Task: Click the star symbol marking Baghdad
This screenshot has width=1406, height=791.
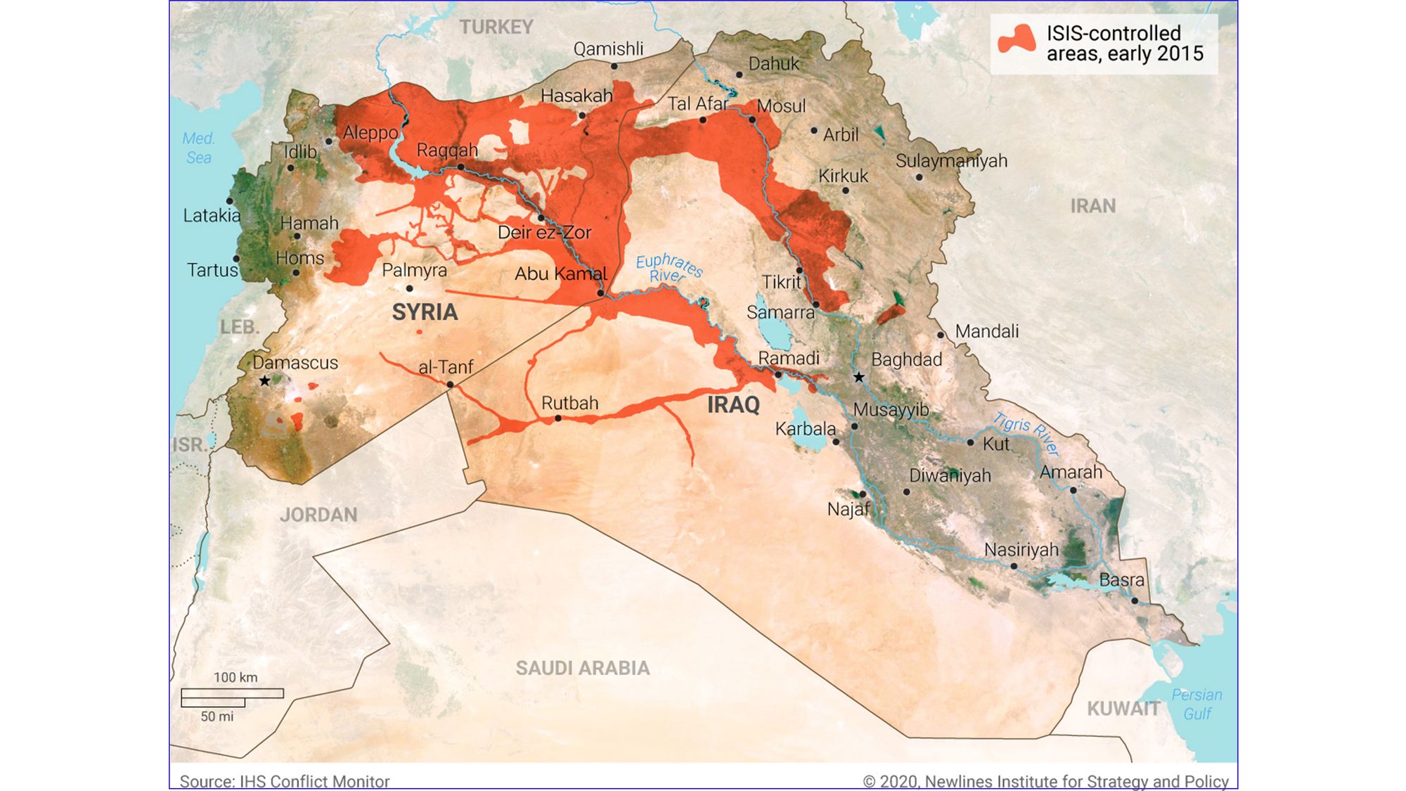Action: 858,378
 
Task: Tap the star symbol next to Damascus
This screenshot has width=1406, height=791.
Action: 264,381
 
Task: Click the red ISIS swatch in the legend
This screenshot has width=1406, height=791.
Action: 1017,40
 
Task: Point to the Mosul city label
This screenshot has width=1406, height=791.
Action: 781,106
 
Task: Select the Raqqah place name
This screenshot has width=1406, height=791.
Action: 447,150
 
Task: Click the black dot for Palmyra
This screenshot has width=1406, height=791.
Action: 409,288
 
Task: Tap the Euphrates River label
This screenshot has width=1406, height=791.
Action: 668,268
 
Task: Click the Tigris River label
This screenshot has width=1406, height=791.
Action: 1026,433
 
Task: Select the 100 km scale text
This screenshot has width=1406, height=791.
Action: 236,677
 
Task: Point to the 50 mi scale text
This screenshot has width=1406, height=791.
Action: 217,716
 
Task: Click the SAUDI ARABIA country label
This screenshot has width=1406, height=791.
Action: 582,668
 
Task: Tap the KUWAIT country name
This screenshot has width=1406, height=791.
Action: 1123,708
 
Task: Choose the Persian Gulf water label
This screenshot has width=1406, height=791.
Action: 1197,704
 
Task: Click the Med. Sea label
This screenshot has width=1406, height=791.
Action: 198,148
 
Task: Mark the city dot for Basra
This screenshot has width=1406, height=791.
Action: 1135,601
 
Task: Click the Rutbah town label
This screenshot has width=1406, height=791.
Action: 569,404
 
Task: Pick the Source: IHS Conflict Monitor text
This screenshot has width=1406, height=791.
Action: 284,781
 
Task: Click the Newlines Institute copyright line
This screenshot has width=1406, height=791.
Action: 1045,781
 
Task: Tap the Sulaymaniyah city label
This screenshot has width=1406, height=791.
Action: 950,161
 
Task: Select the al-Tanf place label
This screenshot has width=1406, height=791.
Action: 445,367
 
